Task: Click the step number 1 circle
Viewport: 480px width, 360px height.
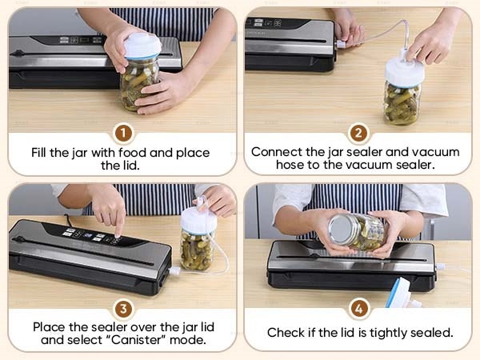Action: pos(123,133)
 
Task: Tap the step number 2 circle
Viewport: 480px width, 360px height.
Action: pos(358,133)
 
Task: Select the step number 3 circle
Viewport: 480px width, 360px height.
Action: pos(123,309)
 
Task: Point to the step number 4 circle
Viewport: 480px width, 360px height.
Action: pos(358,309)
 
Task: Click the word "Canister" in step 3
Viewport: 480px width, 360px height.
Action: pos(136,340)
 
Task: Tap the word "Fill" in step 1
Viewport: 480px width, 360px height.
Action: pos(39,152)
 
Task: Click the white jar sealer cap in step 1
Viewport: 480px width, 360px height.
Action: pos(142,46)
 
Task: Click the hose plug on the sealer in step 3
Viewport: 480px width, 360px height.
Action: pos(174,271)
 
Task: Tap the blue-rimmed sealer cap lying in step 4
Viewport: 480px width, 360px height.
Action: pos(401,293)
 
